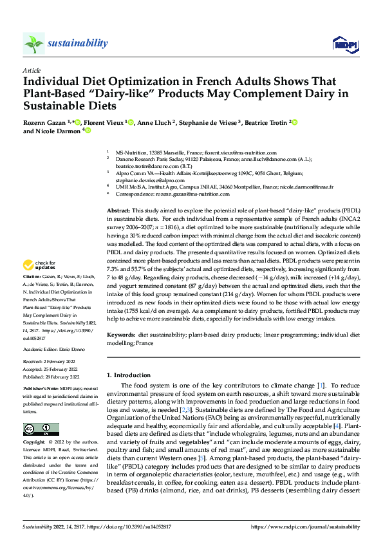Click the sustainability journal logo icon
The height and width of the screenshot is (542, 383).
[x=33, y=44]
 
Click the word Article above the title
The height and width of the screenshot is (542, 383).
[x=32, y=70]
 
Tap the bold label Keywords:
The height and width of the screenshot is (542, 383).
[x=120, y=335]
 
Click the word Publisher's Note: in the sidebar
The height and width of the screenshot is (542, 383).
[x=41, y=390]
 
